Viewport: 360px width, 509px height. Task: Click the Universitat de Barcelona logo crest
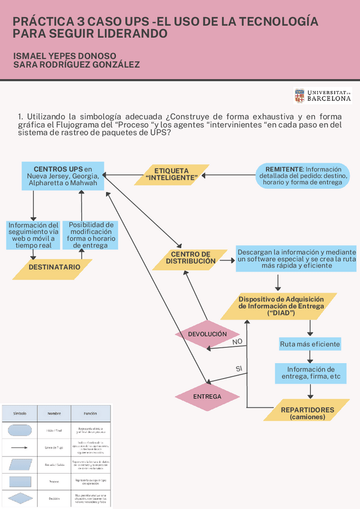coord(299,96)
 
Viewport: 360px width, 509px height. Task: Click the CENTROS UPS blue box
coord(62,176)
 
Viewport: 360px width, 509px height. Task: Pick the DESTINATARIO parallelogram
coord(55,267)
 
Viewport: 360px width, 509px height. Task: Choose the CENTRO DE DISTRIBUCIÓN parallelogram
coord(190,258)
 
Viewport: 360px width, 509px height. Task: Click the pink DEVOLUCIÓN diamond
coord(207,334)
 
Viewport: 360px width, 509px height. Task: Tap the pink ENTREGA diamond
coord(207,396)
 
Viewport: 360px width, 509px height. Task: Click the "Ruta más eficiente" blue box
coord(310,345)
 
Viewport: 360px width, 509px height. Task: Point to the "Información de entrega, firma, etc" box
coord(310,373)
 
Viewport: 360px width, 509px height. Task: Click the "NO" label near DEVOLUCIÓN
coord(238,342)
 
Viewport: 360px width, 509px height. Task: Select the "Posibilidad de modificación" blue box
coord(91,235)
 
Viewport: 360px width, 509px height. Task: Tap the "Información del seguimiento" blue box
coord(33,235)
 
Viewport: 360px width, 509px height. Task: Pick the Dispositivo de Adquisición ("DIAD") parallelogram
coord(281,306)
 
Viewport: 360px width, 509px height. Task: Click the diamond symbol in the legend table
coord(20,499)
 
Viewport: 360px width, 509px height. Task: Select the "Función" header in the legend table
coord(90,414)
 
